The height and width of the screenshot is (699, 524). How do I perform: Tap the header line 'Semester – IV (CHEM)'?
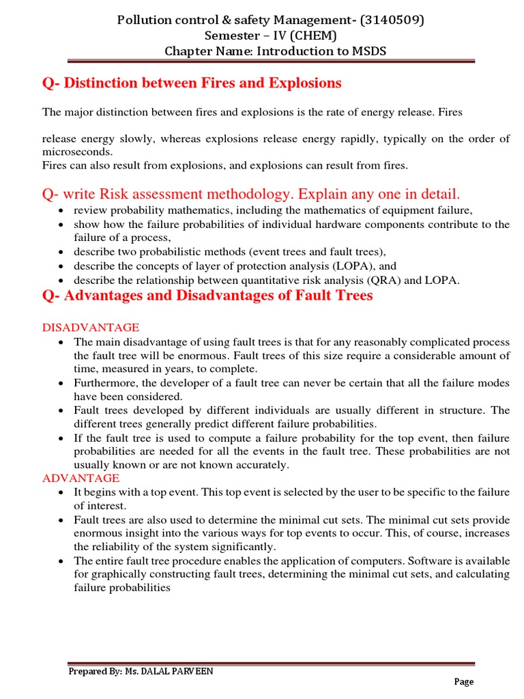271,35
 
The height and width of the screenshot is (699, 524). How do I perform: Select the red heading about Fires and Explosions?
192,83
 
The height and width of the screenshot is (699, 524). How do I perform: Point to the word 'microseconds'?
77,152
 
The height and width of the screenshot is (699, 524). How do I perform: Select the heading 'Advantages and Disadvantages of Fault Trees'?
207,296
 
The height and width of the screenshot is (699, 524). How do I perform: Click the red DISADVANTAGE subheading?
91,328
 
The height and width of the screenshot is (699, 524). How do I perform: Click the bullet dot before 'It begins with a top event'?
62,492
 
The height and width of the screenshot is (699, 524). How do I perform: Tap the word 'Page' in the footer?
464,681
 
